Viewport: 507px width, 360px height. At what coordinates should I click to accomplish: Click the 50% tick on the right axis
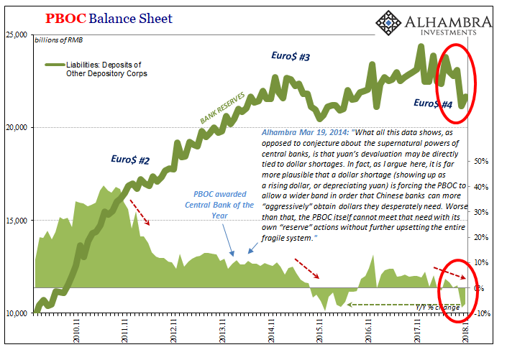pos(481,162)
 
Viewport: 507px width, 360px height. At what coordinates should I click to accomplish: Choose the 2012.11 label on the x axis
pos(173,334)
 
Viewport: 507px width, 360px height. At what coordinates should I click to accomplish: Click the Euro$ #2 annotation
pos(130,160)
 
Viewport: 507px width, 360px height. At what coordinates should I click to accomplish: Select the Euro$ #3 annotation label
pos(291,55)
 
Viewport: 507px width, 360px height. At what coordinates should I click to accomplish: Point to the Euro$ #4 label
pos(433,104)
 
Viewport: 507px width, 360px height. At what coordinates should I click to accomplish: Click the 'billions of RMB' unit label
pos(57,40)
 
